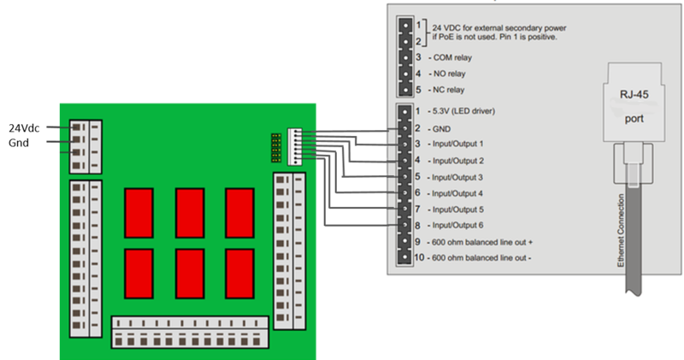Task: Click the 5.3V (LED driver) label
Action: point(465,111)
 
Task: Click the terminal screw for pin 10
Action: point(402,257)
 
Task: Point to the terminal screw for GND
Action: point(402,127)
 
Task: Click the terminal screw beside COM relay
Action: point(404,57)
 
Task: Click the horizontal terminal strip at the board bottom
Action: point(192,331)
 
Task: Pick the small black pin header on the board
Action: point(276,148)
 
